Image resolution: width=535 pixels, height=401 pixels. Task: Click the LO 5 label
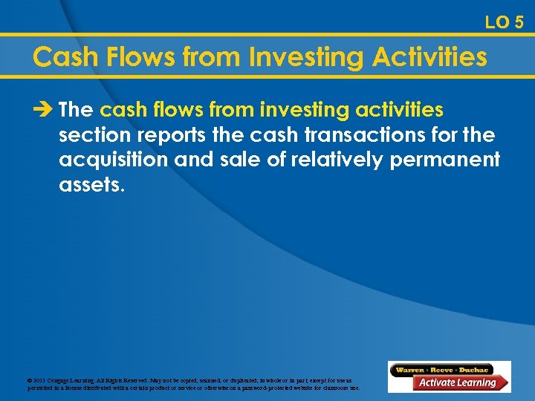click(x=504, y=22)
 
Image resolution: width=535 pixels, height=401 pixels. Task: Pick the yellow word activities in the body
click(x=398, y=111)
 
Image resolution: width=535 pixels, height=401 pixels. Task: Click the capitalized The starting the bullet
click(x=75, y=111)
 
